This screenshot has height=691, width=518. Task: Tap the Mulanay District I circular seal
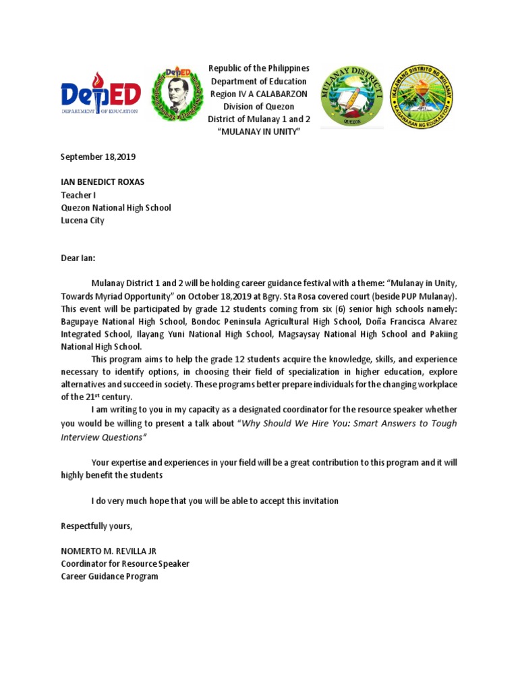pos(351,96)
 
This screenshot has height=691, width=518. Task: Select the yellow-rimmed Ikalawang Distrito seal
pos(422,96)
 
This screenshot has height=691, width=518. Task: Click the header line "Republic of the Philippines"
pos(259,69)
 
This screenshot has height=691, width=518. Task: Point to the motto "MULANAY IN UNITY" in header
pos(259,131)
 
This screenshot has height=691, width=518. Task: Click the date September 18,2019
pos(98,157)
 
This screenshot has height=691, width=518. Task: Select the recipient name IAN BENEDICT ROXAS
pos(103,183)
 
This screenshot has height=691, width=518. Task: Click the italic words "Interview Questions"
pos(103,437)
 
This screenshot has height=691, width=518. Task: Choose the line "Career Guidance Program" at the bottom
pos(109,577)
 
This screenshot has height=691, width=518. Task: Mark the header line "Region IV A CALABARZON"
pos(259,94)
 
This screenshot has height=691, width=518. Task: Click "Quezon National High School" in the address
pos(116,208)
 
